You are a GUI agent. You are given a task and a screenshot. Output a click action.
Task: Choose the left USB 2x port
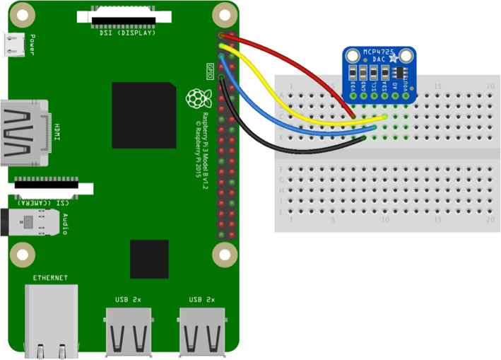[130, 332]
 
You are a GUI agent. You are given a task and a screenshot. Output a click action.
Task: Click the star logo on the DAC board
[393, 59]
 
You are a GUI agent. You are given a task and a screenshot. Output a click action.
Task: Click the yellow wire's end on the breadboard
[385, 116]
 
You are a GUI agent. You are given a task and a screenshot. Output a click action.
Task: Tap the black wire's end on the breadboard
[364, 138]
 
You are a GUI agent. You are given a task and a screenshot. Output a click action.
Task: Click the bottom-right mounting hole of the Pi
[224, 252]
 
